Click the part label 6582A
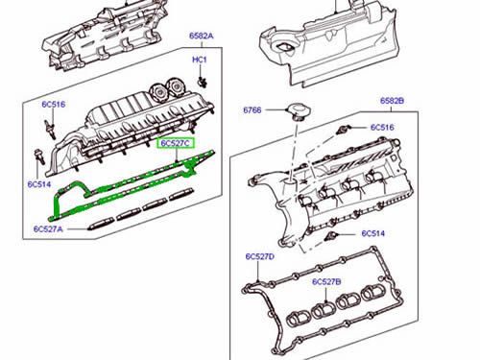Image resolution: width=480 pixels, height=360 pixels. tap(201, 36)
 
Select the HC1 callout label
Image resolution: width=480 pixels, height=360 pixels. tap(200, 60)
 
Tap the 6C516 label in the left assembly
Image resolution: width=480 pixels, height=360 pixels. tap(54, 105)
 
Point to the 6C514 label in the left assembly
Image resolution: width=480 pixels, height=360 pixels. tap(39, 184)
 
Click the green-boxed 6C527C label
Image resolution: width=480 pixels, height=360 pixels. tap(176, 143)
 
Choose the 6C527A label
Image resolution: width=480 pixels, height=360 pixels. tap(48, 229)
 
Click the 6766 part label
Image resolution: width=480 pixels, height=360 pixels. tap(252, 110)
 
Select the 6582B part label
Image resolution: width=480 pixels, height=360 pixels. tap(392, 101)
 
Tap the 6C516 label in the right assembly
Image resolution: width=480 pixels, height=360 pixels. tap(382, 128)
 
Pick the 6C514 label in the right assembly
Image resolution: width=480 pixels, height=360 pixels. tap(372, 233)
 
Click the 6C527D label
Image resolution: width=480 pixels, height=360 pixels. tap(260, 256)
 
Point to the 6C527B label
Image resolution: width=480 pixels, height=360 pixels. tap(326, 282)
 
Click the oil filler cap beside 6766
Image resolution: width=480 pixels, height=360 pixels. tap(299, 111)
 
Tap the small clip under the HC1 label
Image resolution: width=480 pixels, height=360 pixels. tap(203, 83)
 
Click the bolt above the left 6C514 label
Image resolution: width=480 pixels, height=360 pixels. tap(38, 156)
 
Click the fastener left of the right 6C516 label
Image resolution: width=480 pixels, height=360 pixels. tap(344, 130)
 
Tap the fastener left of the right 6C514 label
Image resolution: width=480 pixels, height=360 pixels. tap(331, 236)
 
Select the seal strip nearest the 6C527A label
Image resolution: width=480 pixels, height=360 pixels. tap(101, 224)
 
